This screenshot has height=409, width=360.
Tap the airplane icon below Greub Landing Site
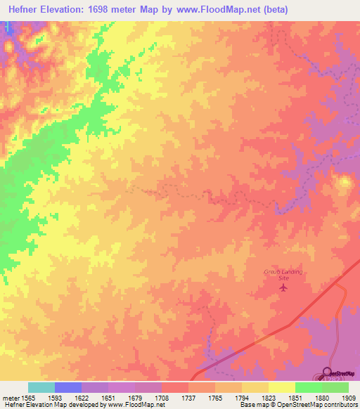[x=284, y=287]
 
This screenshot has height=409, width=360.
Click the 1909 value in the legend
[x=348, y=397]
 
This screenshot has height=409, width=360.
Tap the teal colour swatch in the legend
[x=41, y=387]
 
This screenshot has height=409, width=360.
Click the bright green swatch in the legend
[x=308, y=387]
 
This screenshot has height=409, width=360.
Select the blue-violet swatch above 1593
[x=67, y=387]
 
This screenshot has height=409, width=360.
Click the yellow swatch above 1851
[x=281, y=387]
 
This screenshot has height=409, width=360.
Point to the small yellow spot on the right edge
[x=345, y=183]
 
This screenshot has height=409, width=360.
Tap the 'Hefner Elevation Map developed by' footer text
[x=49, y=405]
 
